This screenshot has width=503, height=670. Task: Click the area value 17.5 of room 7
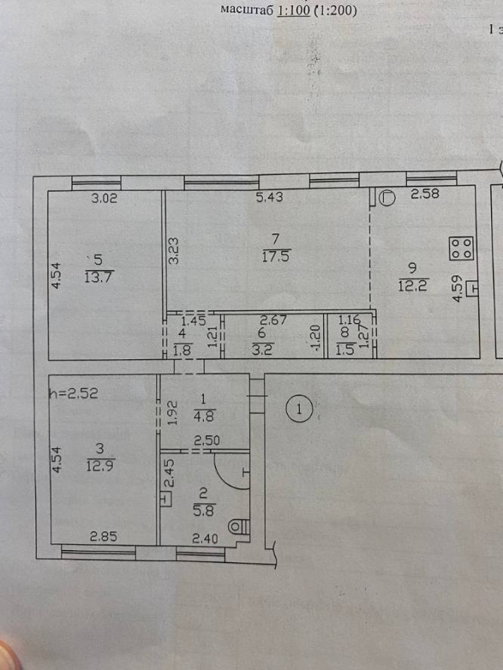click(x=276, y=257)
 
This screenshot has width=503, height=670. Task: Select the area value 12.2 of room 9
click(x=413, y=285)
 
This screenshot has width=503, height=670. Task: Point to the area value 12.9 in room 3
click(x=101, y=465)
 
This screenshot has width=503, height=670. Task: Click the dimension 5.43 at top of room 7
click(x=270, y=198)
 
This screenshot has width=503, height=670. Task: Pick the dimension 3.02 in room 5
click(x=104, y=198)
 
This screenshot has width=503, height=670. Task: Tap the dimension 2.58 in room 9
click(x=424, y=194)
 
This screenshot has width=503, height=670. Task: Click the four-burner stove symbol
click(x=461, y=248)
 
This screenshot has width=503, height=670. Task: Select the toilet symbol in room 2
click(x=238, y=527)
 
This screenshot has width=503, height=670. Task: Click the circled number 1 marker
click(x=299, y=410)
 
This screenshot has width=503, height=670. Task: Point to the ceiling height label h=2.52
click(x=74, y=393)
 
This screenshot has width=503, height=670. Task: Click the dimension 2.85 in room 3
click(x=103, y=536)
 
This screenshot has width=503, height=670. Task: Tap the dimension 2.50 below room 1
click(x=206, y=441)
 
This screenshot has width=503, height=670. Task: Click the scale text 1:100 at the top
click(x=294, y=10)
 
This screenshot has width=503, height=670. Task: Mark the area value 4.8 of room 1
click(x=204, y=416)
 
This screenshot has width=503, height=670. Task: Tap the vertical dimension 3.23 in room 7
click(x=174, y=251)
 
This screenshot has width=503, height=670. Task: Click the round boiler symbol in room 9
click(x=388, y=198)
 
